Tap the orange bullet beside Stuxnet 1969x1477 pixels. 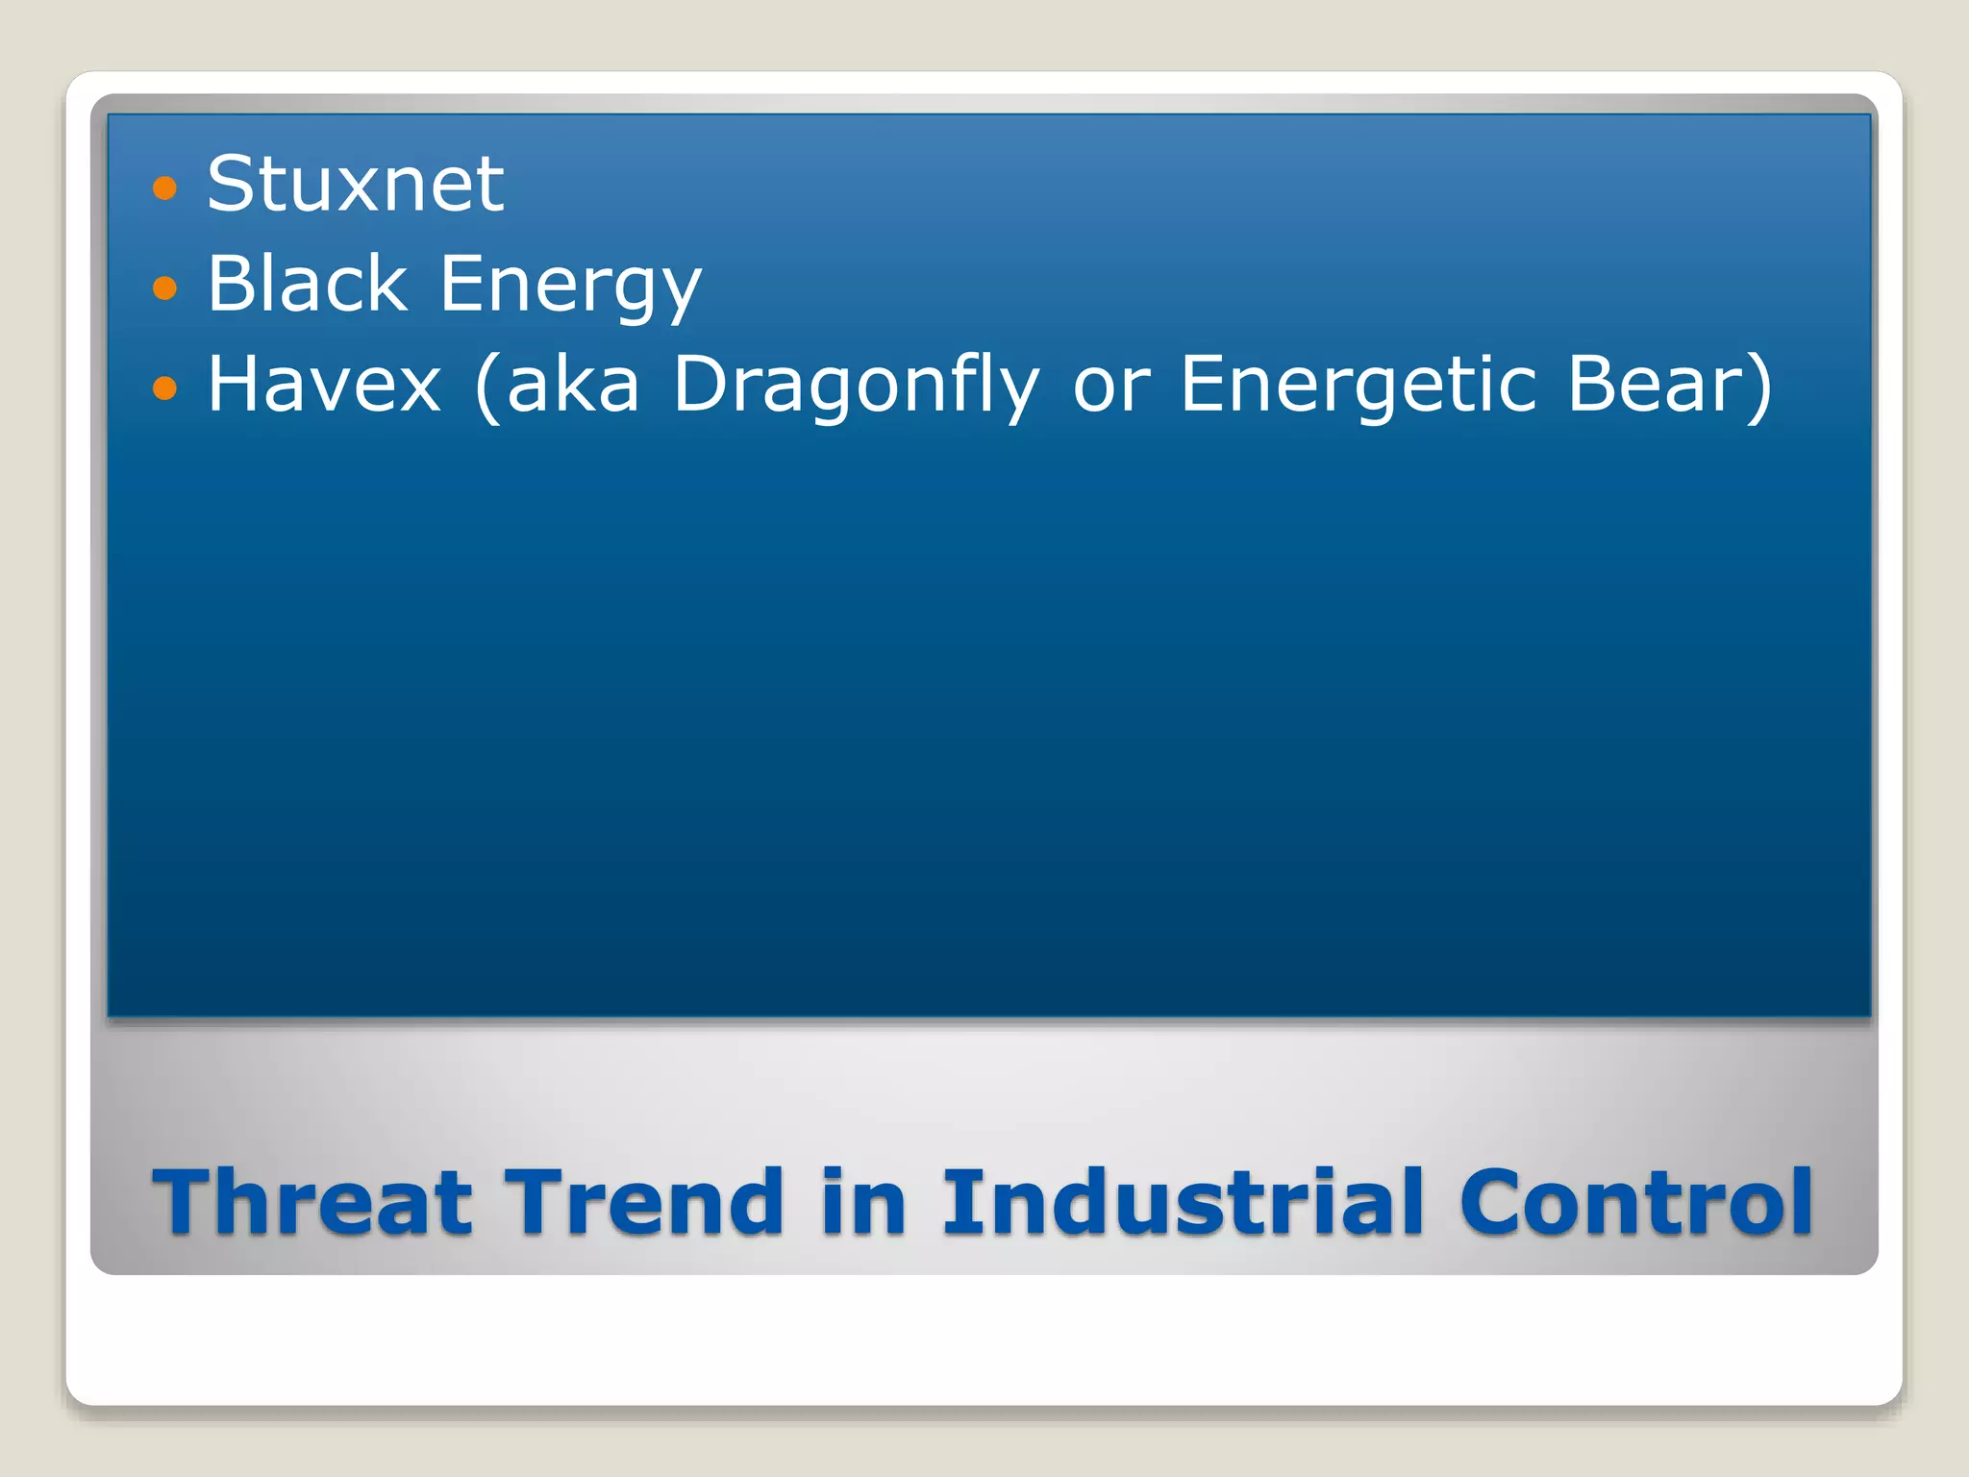click(165, 188)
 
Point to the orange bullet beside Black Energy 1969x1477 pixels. click(165, 288)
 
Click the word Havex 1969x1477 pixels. click(324, 384)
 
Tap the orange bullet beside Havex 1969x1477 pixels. click(165, 388)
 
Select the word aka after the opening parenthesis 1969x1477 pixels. click(573, 384)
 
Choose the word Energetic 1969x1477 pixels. click(1358, 386)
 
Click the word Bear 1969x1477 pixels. click(1651, 384)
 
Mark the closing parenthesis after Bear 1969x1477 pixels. click(1758, 386)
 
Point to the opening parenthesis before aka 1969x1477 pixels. click(487, 386)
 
